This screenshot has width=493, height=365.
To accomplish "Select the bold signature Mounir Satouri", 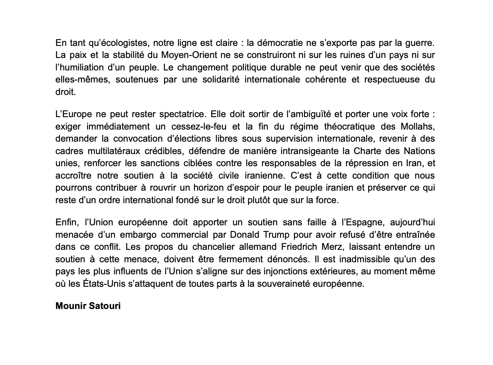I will click(88, 306).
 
